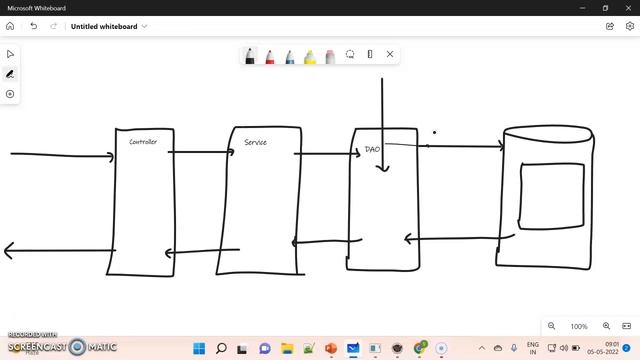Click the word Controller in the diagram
[x=143, y=142]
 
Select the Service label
[x=255, y=143]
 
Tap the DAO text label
[x=372, y=149]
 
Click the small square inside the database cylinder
[x=552, y=195]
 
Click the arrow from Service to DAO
[x=325, y=154]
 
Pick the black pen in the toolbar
[x=250, y=55]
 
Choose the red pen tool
[x=270, y=55]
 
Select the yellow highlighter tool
[x=310, y=55]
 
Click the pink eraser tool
[x=330, y=55]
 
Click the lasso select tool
[x=350, y=54]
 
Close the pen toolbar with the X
[x=390, y=54]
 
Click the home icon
[x=11, y=26]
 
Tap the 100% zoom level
[x=579, y=326]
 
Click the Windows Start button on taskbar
[x=199, y=348]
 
